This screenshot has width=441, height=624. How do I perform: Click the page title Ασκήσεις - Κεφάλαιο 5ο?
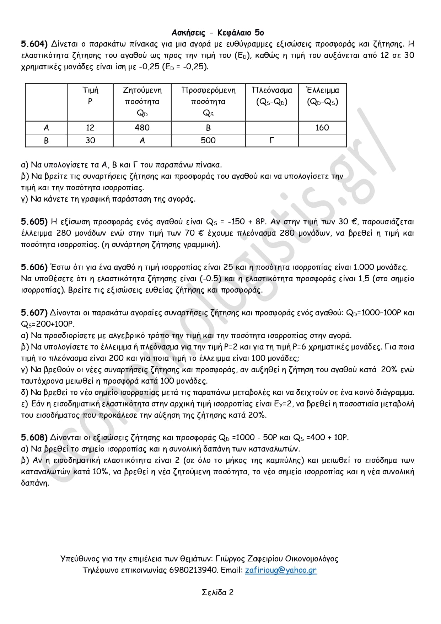click(x=217, y=33)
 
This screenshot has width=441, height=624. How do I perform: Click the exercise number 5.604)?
click(x=34, y=44)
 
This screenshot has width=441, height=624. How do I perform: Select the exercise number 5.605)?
click(x=34, y=222)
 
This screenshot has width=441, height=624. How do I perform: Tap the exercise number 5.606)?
click(x=34, y=267)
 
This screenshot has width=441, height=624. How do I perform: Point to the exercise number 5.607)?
click(x=34, y=313)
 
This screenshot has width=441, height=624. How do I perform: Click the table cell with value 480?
click(x=142, y=128)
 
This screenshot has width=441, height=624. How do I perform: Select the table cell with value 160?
click(x=322, y=128)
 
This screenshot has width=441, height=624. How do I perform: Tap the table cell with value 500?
click(x=208, y=140)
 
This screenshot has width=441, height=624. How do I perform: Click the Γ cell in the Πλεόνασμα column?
click(x=272, y=140)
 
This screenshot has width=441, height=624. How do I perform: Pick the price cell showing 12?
click(x=90, y=128)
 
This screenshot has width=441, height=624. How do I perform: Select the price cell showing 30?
click(x=90, y=140)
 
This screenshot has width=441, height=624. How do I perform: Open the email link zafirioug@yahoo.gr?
click(x=280, y=570)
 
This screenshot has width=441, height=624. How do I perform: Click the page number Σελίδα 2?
click(x=217, y=592)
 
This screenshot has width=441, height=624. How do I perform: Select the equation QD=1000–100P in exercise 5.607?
click(x=373, y=313)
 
